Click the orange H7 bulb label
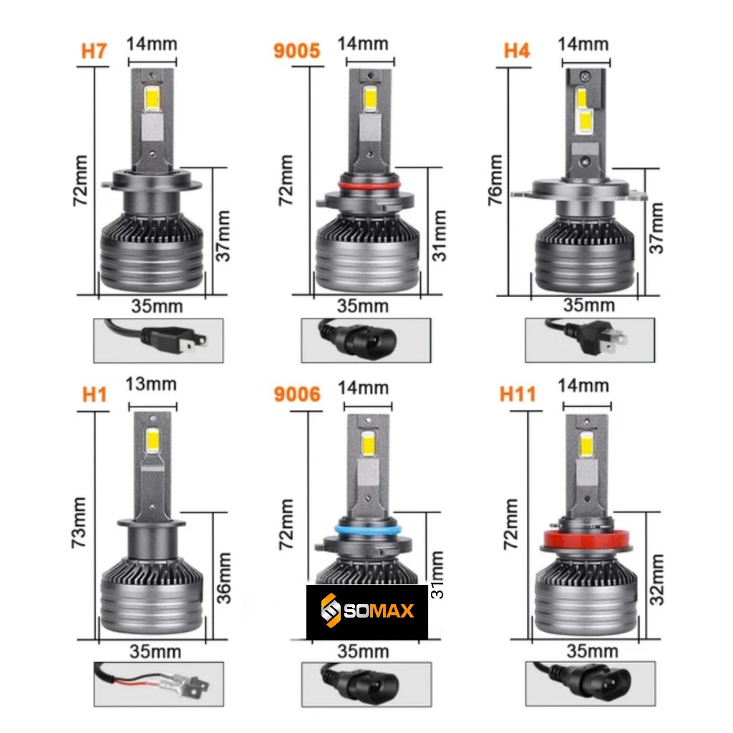tap(94, 51)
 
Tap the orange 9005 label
tap(297, 51)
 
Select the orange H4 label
tap(517, 51)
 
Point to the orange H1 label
tap(94, 394)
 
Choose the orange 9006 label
tap(297, 394)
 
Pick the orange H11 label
tap(518, 394)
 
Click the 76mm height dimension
tap(495, 180)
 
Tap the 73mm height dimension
tap(79, 523)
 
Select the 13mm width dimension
tap(151, 384)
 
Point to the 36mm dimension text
tap(224, 578)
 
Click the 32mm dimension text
tap(657, 580)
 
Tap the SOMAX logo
tap(367, 611)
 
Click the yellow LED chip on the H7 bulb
tap(152, 99)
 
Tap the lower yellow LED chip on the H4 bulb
tap(585, 122)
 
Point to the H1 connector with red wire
tap(159, 684)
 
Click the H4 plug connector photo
tap(590, 340)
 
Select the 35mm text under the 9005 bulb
tap(363, 306)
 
